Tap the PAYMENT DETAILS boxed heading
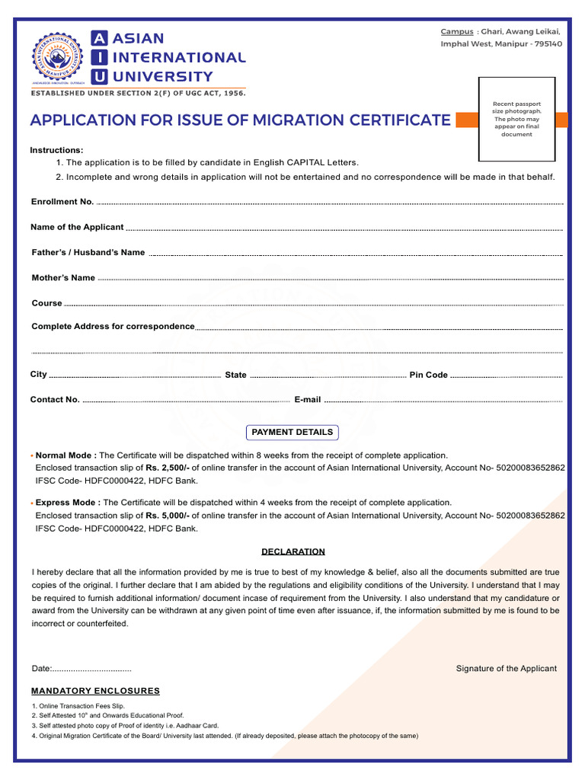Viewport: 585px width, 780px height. pos(292,432)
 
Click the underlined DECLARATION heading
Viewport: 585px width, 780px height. pos(293,551)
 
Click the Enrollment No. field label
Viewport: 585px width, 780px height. pos(62,202)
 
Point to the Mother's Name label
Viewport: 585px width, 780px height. pos(63,278)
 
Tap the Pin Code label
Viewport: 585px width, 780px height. pos(429,375)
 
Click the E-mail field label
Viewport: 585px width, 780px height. pos(308,400)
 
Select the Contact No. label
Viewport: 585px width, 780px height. pos(55,400)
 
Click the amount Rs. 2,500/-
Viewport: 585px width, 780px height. pos(168,468)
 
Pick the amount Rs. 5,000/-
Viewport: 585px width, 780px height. pos(168,516)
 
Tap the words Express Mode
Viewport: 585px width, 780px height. pos(67,503)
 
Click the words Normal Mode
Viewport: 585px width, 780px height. pos(66,455)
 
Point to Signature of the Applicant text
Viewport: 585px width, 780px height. pos(507,669)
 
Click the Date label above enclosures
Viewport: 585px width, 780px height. pos(41,669)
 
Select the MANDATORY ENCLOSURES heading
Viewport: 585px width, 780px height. pos(95,691)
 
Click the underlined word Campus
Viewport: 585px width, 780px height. pos(457,31)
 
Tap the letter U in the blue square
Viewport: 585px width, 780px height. pos(99,76)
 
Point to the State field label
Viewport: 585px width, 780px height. pos(236,375)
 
